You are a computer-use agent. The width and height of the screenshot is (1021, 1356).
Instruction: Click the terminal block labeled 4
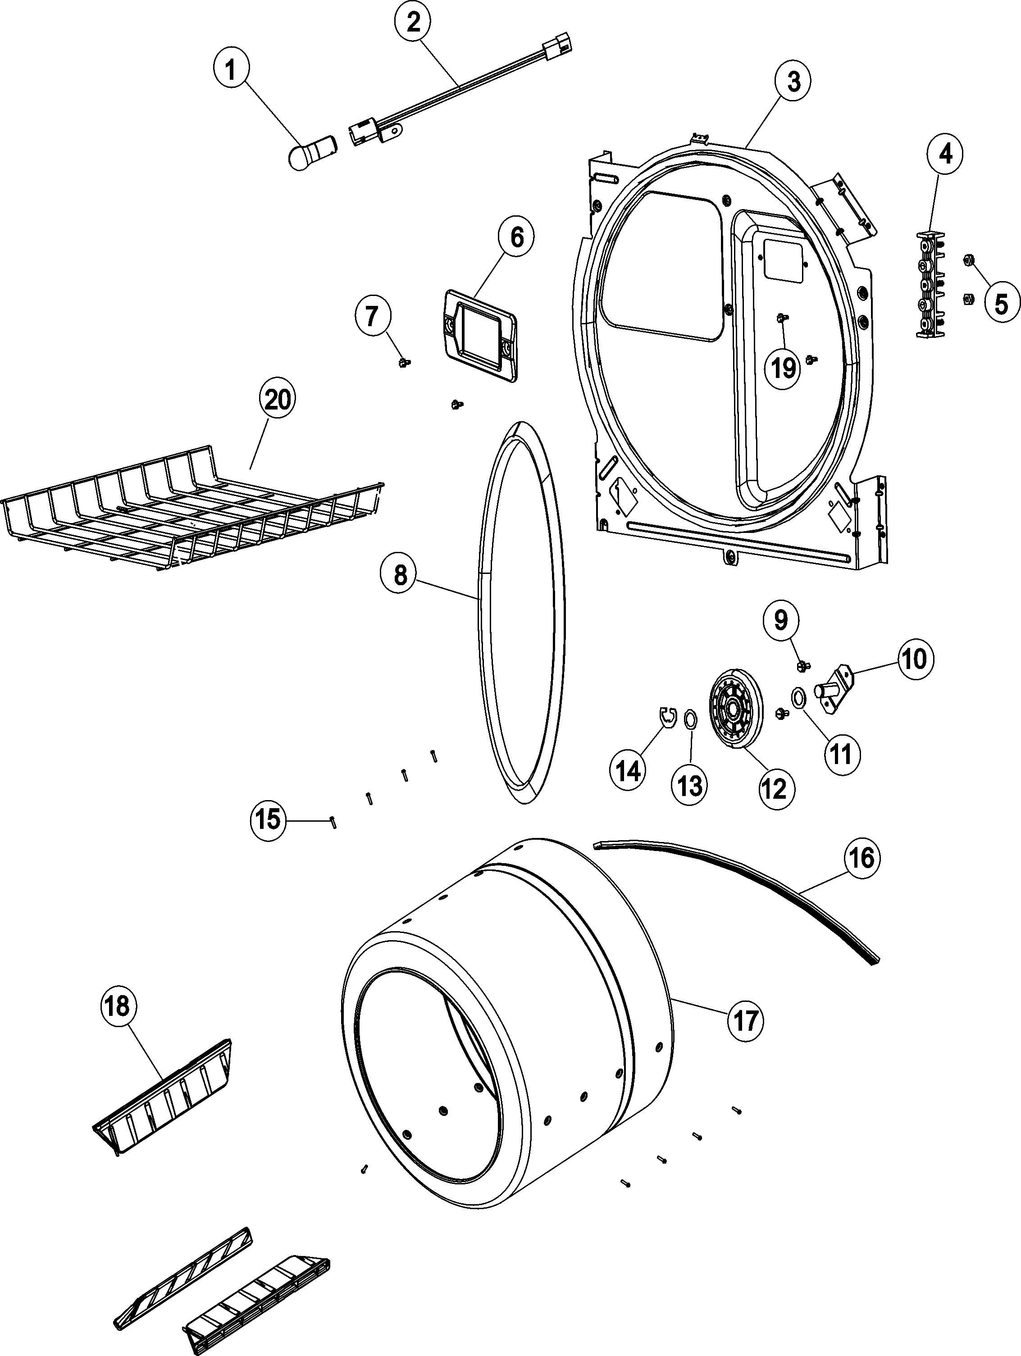(930, 283)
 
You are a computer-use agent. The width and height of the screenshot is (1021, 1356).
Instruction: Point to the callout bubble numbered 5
(1001, 303)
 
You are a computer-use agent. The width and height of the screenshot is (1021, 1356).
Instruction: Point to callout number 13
(690, 785)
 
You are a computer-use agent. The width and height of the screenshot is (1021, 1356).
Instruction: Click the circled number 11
(841, 755)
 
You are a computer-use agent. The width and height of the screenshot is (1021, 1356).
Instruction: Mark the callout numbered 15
(269, 819)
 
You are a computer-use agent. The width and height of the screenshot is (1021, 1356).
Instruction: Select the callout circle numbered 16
(861, 858)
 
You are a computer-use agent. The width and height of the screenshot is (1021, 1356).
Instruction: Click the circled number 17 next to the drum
(745, 1021)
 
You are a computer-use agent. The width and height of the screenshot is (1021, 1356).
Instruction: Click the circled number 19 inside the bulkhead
(783, 369)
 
